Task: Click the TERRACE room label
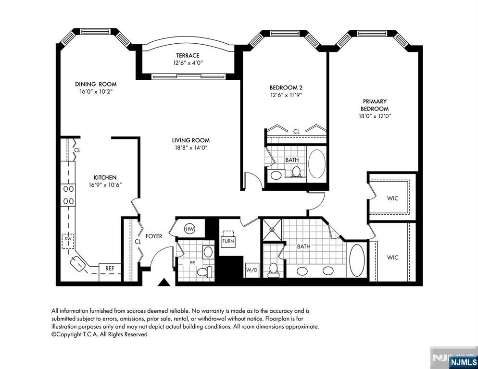click(x=187, y=56)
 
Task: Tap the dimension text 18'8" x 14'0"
click(x=191, y=148)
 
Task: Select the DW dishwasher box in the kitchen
click(x=68, y=240)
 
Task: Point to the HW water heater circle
click(x=190, y=229)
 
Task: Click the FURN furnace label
click(x=228, y=241)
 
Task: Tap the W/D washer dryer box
click(x=251, y=270)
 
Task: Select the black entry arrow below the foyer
click(x=164, y=282)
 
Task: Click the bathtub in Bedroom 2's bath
click(x=316, y=164)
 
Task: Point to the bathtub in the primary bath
click(x=357, y=260)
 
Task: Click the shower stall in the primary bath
click(x=272, y=229)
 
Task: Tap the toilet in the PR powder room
click(x=205, y=271)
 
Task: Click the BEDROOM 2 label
click(x=286, y=87)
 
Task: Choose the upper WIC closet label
click(x=392, y=198)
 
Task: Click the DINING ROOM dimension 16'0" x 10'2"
click(x=96, y=91)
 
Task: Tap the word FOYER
click(x=154, y=236)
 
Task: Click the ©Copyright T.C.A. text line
click(x=100, y=334)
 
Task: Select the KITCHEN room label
click(x=105, y=177)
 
